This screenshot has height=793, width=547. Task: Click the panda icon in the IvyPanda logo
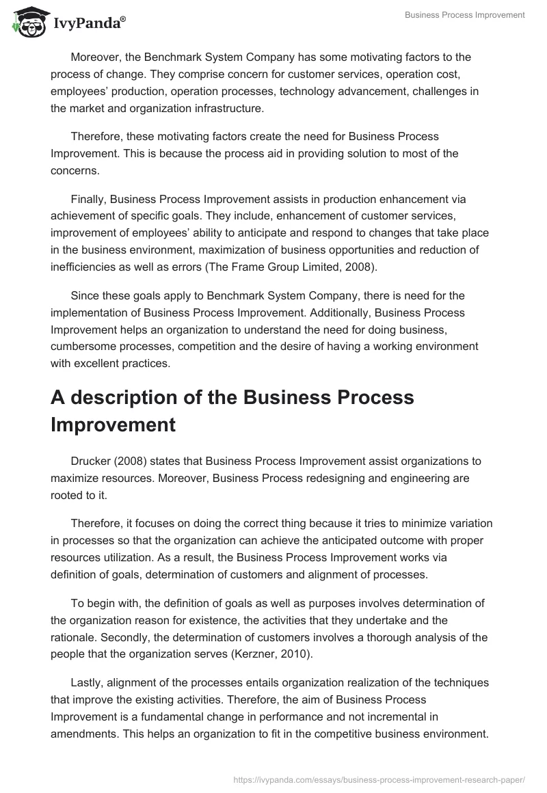coord(27,23)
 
